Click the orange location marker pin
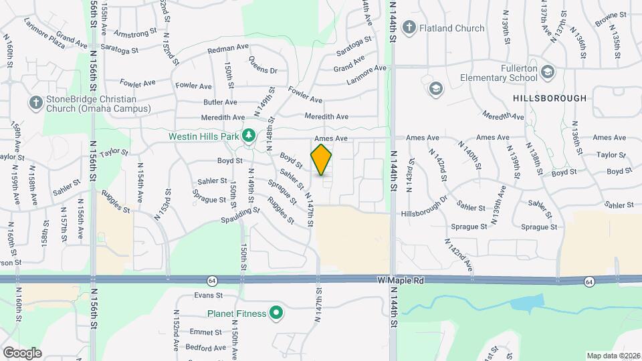322,160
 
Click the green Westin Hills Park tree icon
249,136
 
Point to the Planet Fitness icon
275,313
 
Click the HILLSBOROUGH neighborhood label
550,98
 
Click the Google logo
22,352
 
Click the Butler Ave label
220,102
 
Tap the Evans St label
208,295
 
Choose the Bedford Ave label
206,348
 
